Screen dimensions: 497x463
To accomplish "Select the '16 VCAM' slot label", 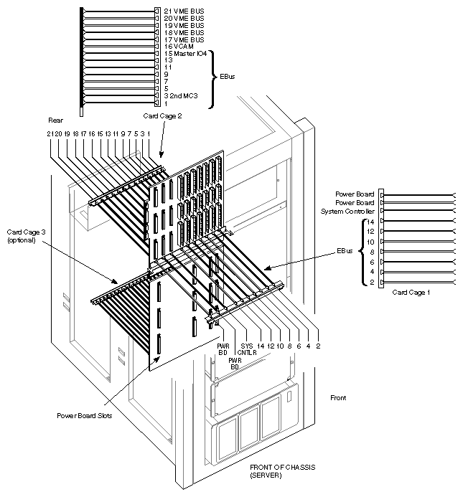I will tap(175, 47).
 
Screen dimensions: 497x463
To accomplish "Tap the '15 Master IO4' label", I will tap(184, 54).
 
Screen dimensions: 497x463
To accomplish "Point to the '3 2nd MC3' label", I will tap(179, 95).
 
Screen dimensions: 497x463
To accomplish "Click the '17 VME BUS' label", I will tap(183, 39).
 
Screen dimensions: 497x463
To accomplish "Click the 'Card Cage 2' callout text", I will tap(162, 115).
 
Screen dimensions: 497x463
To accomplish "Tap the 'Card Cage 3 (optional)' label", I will tap(23, 235).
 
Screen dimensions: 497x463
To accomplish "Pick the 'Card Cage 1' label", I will tap(411, 293).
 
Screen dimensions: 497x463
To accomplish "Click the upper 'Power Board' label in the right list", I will tap(355, 194).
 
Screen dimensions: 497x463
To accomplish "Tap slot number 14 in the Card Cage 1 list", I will tap(370, 222).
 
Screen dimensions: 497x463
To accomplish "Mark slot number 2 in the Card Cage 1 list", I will tap(372, 282).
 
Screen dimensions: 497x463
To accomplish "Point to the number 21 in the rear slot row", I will tap(50, 134).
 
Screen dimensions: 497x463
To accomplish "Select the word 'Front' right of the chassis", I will tap(339, 397).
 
